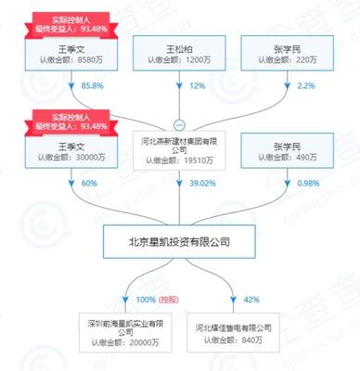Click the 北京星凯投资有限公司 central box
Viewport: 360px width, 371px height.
click(179, 243)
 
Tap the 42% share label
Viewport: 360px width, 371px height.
click(250, 300)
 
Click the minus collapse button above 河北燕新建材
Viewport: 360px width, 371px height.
click(179, 124)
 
